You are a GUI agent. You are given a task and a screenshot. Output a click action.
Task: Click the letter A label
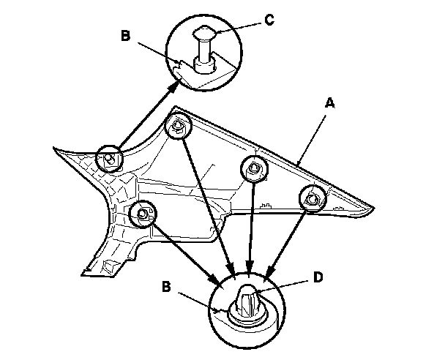(329, 105)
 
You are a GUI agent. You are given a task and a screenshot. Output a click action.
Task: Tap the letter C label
(269, 20)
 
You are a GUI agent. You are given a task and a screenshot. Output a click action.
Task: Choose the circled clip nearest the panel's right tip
(312, 196)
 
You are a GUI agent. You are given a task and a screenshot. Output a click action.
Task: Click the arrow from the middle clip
(252, 227)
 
